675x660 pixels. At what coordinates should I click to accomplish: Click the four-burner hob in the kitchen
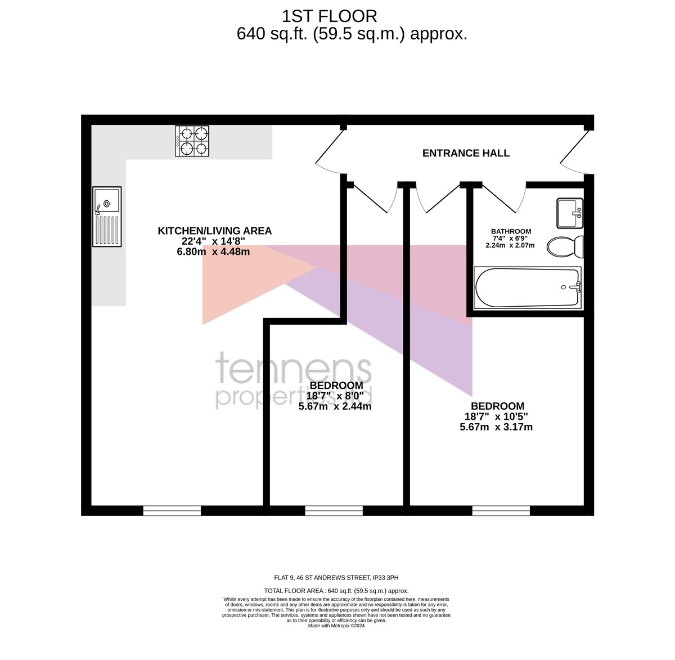(x=192, y=141)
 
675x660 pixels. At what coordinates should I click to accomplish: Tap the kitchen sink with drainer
(x=107, y=217)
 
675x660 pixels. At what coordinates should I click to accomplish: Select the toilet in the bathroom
(x=565, y=246)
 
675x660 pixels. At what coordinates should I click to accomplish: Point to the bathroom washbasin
(x=570, y=213)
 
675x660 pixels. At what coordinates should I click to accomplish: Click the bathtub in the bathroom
(x=527, y=288)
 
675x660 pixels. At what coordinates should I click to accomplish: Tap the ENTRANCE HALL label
(x=466, y=153)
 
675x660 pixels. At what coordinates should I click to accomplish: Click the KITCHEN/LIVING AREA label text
(x=215, y=231)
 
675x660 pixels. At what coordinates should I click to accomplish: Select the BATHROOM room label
(x=511, y=231)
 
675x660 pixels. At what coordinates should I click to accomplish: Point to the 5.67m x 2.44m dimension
(x=335, y=406)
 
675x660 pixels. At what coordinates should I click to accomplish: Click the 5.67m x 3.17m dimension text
(x=496, y=427)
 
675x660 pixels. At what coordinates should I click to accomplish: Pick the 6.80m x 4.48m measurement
(x=213, y=252)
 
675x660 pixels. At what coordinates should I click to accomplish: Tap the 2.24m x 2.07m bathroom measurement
(x=510, y=245)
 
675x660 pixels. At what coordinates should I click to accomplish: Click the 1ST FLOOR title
(x=329, y=16)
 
